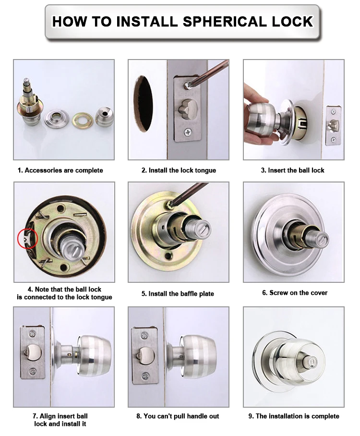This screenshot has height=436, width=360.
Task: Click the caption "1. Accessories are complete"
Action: [60, 170]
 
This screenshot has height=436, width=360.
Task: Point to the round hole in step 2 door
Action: [143, 103]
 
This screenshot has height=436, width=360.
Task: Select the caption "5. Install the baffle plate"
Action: [178, 293]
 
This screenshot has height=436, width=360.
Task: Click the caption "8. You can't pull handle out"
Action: [178, 416]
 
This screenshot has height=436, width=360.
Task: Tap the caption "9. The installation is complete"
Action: [294, 416]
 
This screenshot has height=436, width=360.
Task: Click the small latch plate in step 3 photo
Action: [331, 125]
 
